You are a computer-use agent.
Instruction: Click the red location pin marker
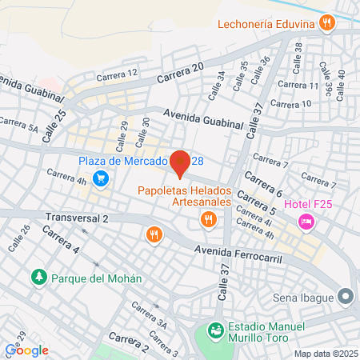180,162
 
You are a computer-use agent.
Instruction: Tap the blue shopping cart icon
99,178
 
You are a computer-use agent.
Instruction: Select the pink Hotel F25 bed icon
305,221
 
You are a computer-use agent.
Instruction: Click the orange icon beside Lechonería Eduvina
326,24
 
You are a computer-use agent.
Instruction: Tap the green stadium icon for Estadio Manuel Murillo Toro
214,330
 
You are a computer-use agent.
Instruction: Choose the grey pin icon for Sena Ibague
346,297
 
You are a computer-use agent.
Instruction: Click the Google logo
27,350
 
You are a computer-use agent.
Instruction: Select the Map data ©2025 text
324,353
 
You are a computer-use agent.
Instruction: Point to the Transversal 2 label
77,218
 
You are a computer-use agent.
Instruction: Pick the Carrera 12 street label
117,73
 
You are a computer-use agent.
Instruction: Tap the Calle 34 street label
216,85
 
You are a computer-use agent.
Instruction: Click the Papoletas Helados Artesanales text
184,196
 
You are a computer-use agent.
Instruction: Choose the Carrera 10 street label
294,104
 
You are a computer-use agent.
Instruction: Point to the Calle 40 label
342,79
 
